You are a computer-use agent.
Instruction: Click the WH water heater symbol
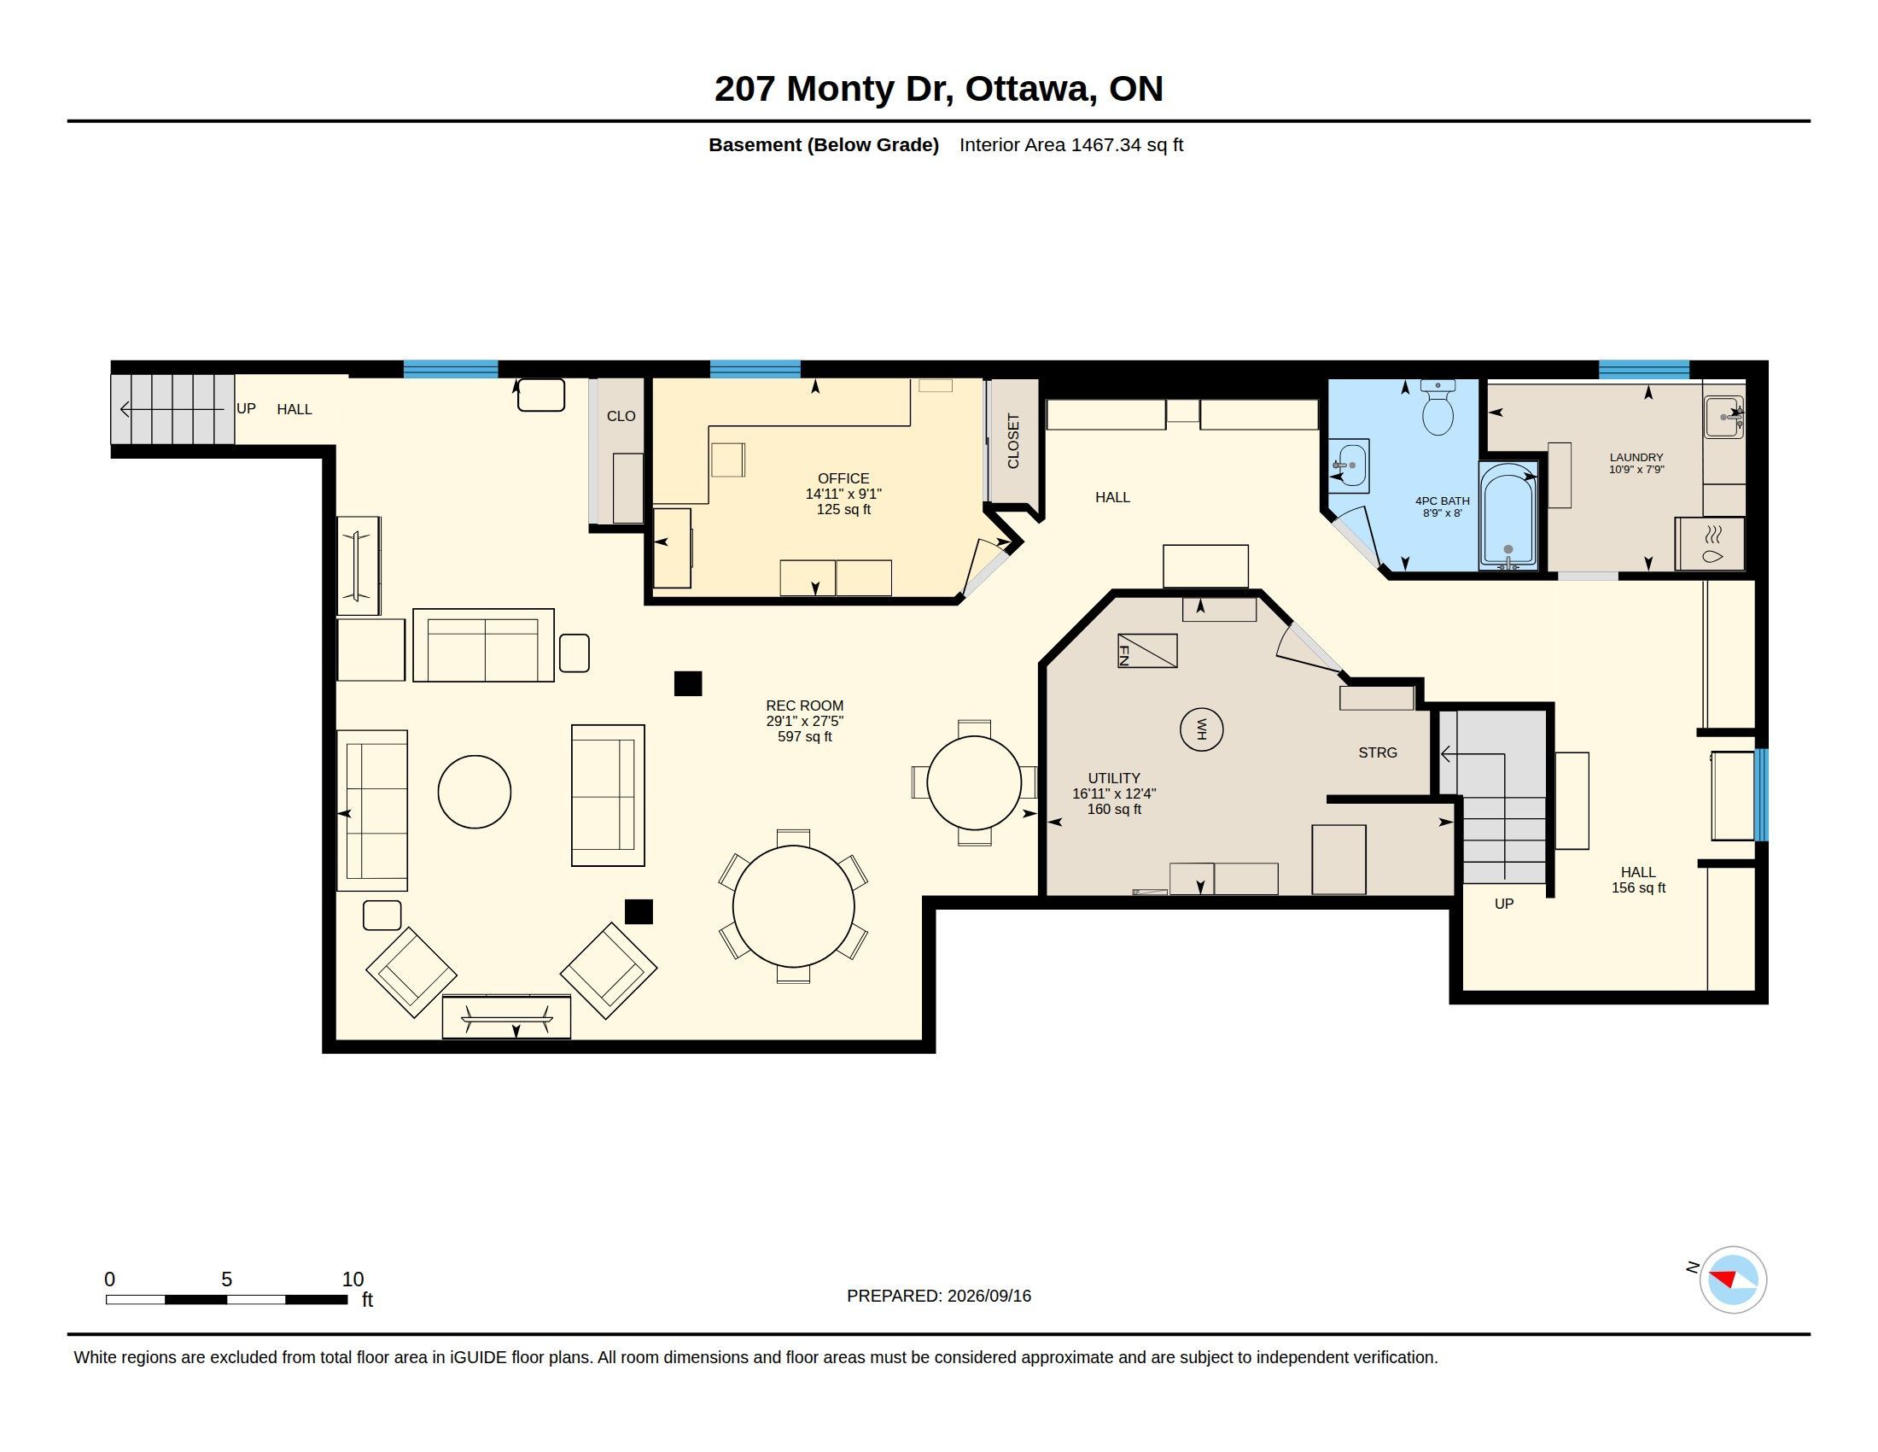[x=1201, y=729]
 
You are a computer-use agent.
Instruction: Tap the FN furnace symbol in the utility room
[x=1147, y=650]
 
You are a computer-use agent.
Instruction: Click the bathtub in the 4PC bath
[x=1508, y=515]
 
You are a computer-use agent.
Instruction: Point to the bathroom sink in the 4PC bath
[x=1349, y=466]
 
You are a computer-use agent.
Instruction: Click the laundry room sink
[x=1724, y=417]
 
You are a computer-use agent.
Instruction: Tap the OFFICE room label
[x=843, y=478]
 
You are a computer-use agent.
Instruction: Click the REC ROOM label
[x=805, y=706]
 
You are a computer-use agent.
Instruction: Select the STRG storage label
[x=1378, y=752]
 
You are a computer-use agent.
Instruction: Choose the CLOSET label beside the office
[x=1013, y=442]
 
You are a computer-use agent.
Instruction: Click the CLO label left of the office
[x=621, y=416]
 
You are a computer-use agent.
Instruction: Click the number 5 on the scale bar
[x=227, y=1279]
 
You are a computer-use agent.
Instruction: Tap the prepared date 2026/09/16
[x=989, y=1296]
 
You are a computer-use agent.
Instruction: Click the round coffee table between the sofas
[x=475, y=792]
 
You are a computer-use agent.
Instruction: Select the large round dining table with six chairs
[x=793, y=905]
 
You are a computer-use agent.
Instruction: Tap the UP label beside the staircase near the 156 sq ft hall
[x=1504, y=903]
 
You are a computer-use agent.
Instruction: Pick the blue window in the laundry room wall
[x=1644, y=370]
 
